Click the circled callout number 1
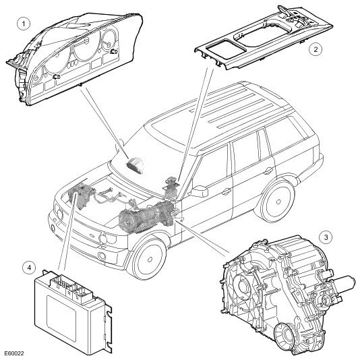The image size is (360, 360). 24,24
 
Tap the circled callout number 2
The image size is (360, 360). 316,49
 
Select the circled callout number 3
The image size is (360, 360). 326,237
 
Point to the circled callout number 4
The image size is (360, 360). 29,268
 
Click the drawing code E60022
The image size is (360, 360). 14,353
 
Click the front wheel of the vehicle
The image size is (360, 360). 149,258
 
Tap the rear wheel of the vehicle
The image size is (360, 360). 278,202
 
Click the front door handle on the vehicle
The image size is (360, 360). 226,191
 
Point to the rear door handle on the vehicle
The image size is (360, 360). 268,171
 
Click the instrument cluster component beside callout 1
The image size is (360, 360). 73,59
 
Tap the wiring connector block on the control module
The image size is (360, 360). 71,287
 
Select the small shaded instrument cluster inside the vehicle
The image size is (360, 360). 135,163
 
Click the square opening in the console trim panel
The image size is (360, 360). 225,49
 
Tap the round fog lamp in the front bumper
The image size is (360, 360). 102,256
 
